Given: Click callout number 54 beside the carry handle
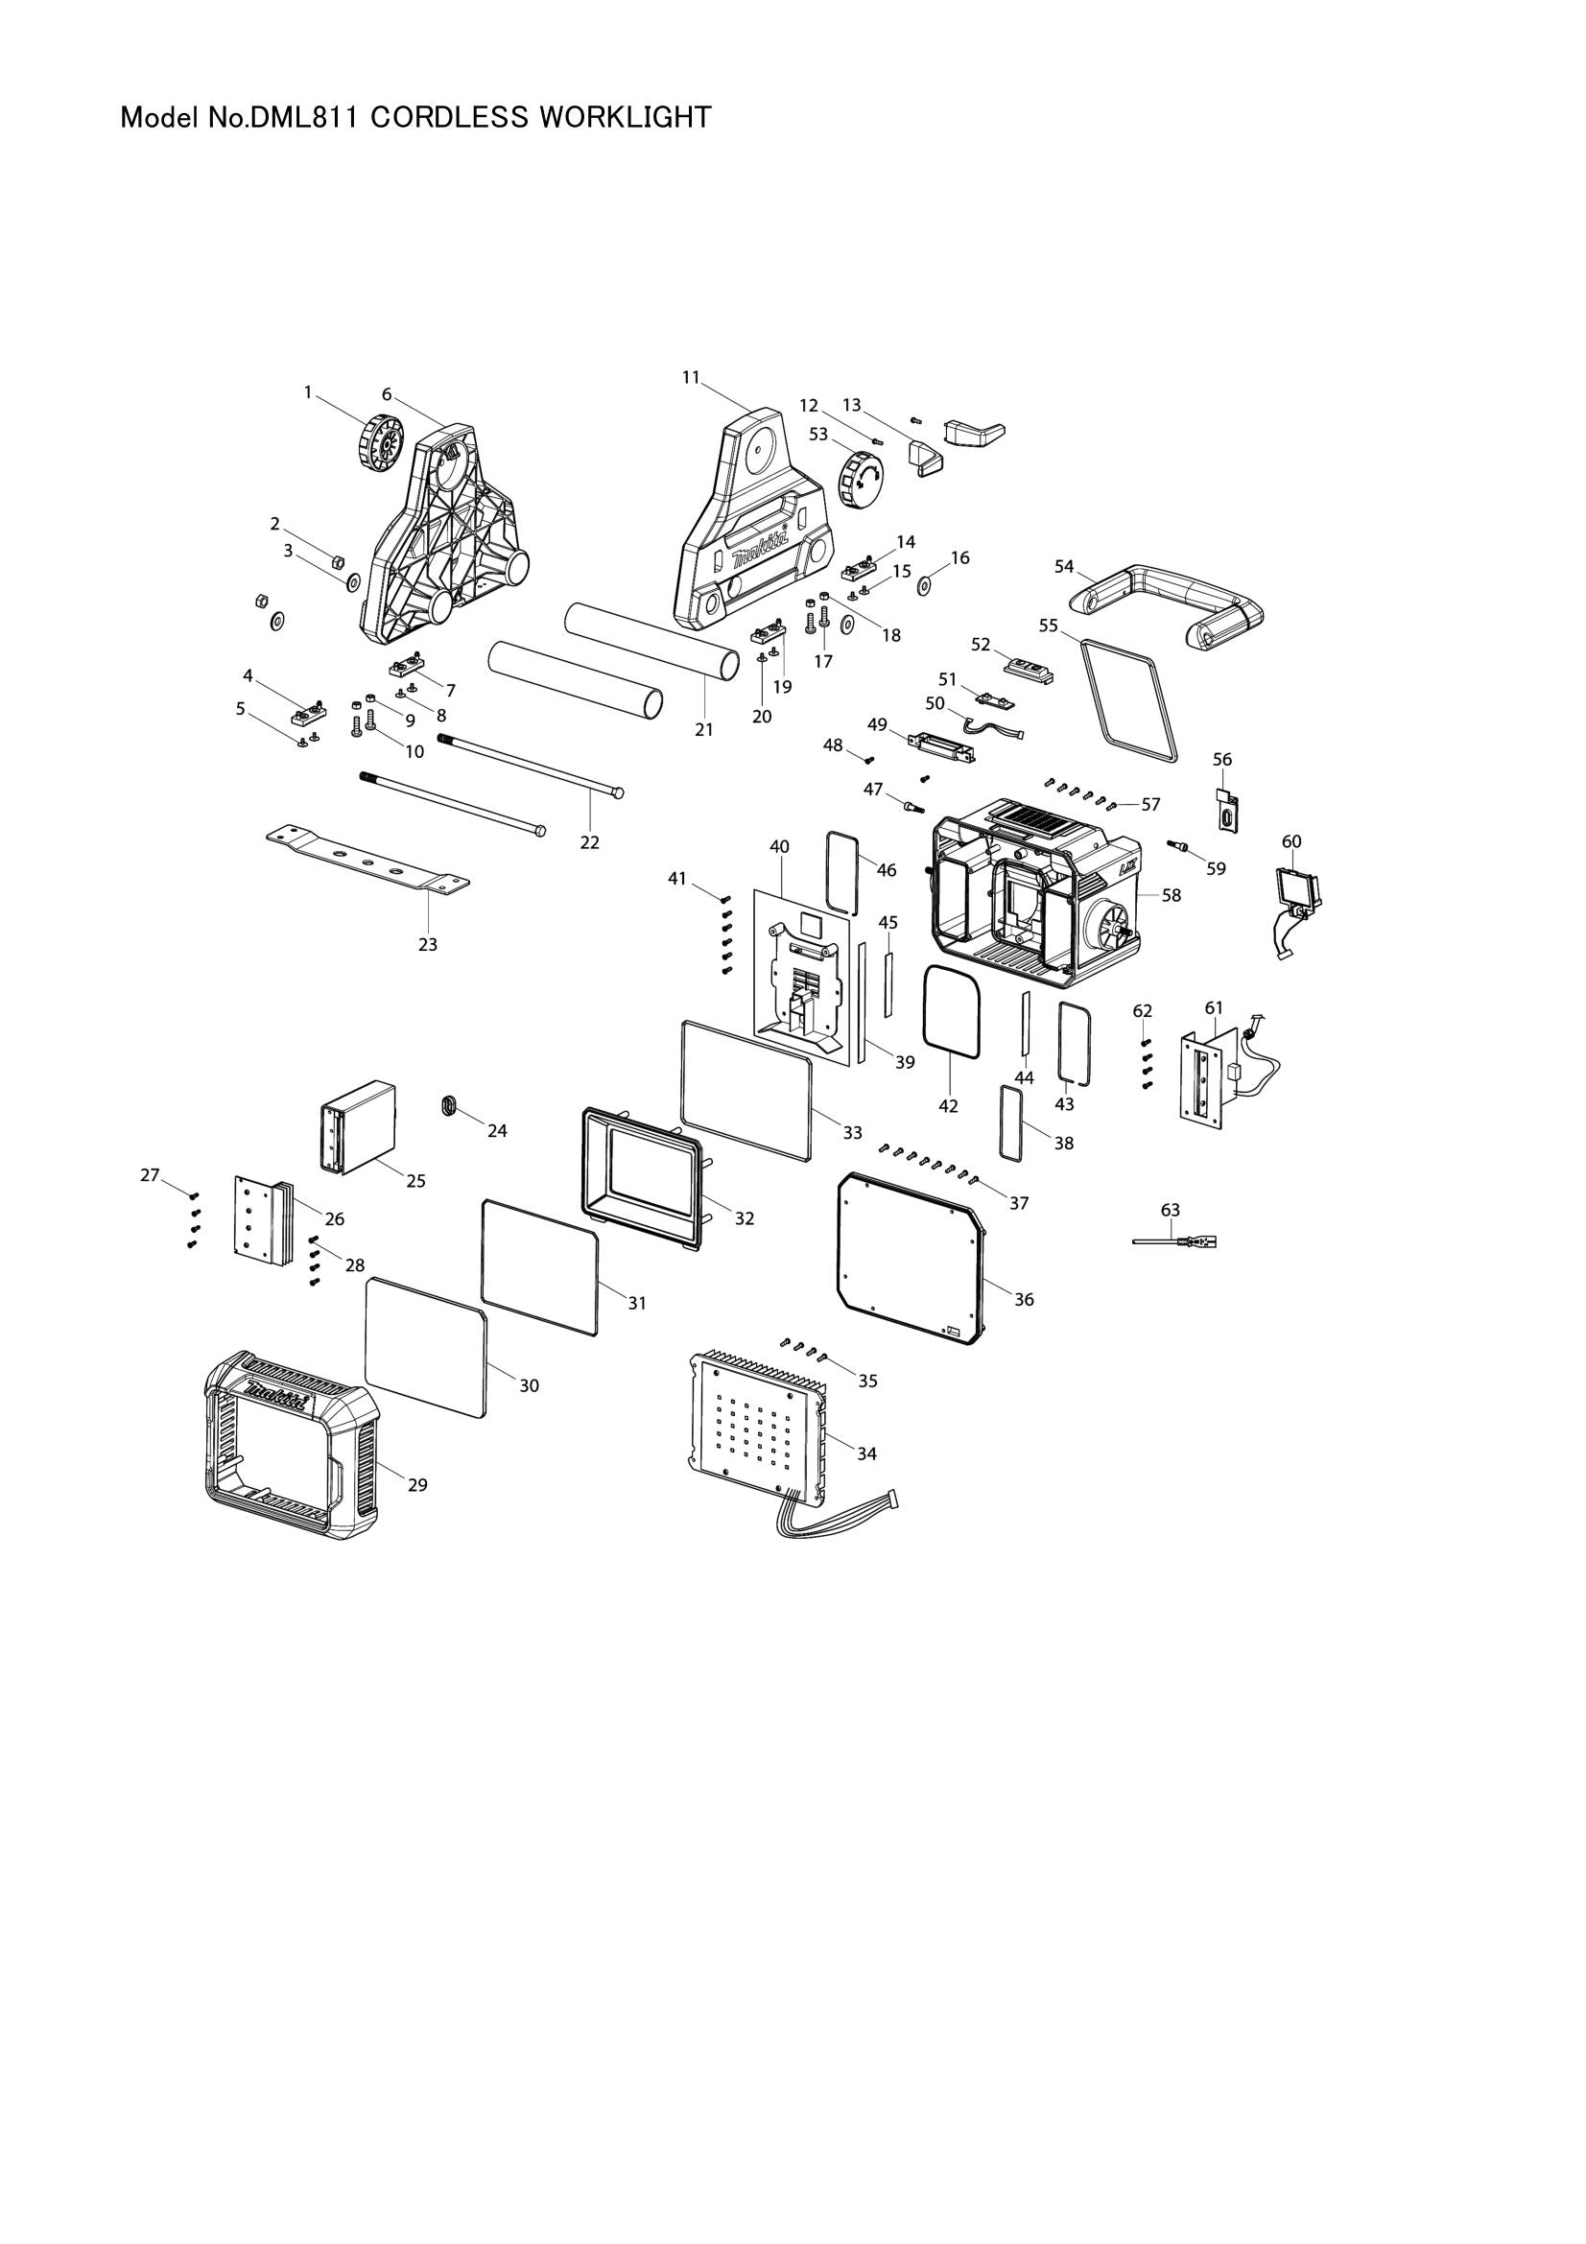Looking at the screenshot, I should click(1064, 566).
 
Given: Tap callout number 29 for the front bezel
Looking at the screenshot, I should click(417, 1484).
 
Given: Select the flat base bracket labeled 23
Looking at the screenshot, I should click(367, 859).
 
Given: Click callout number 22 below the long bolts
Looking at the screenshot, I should click(589, 841).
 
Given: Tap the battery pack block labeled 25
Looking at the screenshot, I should click(358, 1126).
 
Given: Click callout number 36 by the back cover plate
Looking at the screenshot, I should click(1023, 1299).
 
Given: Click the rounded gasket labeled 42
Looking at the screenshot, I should click(952, 1010).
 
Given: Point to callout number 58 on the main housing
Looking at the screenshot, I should click(1171, 894).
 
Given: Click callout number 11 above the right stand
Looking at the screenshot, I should click(691, 377).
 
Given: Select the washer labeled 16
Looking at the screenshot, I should click(922, 585).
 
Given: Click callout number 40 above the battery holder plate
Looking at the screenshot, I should click(779, 845).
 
